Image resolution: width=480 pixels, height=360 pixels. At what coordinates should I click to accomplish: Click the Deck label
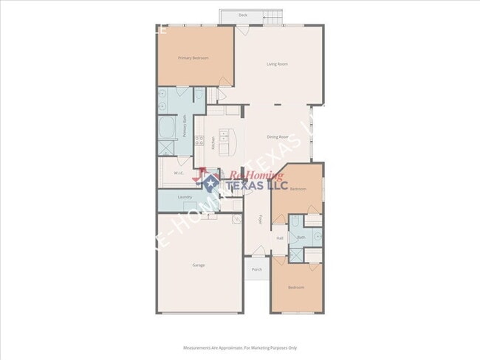tap(243, 15)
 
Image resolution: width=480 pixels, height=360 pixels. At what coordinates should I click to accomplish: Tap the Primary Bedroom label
tap(193, 57)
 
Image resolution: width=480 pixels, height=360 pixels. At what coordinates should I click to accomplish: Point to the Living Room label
tap(277, 64)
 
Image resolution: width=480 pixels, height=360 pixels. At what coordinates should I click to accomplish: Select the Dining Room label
tap(277, 137)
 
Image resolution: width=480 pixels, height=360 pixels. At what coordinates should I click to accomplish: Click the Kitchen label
tap(213, 143)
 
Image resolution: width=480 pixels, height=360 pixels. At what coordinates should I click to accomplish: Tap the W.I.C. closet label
tap(179, 173)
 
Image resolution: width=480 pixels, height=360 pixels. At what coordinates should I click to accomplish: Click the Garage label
tap(199, 265)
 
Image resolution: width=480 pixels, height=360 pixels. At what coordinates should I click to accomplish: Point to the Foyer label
tap(260, 221)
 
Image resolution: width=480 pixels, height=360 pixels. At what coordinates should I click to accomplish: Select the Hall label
tap(280, 238)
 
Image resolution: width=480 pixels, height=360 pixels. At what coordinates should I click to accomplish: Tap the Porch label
tap(257, 269)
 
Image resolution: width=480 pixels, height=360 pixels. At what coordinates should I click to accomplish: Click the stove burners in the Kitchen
tap(198, 141)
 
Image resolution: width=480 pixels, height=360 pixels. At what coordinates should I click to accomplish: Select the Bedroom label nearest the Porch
tap(296, 287)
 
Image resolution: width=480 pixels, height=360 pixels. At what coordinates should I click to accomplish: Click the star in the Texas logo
tap(210, 183)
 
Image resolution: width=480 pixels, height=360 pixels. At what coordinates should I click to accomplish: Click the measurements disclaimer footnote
tap(240, 347)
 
